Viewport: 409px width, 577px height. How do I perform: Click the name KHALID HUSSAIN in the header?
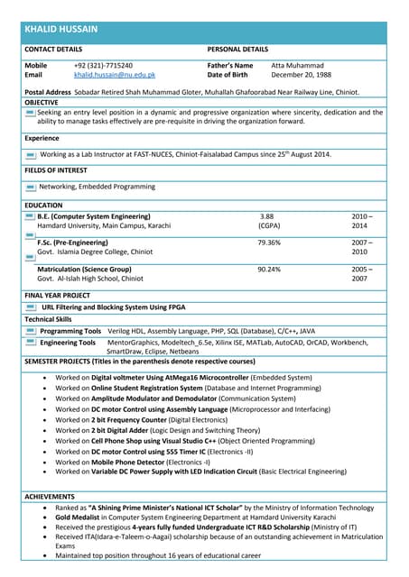click(60, 29)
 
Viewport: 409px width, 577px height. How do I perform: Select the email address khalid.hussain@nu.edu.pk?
click(115, 76)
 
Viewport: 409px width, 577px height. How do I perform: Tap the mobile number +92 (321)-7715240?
click(103, 66)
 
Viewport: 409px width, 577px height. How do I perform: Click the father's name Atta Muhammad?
click(297, 66)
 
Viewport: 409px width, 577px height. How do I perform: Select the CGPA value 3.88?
click(266, 217)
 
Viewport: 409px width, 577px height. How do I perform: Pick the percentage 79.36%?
click(269, 243)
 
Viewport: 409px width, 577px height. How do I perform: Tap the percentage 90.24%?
click(269, 269)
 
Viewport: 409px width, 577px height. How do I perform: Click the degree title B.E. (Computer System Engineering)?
click(93, 217)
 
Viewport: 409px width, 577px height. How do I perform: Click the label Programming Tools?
click(70, 331)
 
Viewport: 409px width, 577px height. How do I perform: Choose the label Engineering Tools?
click(69, 343)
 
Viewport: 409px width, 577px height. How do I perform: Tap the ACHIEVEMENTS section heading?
click(50, 496)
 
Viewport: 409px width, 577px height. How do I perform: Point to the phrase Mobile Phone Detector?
click(125, 460)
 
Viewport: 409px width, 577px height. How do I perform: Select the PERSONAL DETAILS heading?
click(237, 49)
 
